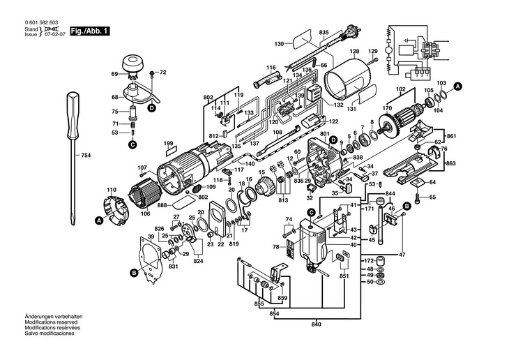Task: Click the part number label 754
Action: pyautogui.click(x=86, y=156)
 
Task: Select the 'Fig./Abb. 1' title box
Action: pyautogui.click(x=90, y=31)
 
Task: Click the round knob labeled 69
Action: pyautogui.click(x=133, y=66)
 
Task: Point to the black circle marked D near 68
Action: pyautogui.click(x=152, y=108)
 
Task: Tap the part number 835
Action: pyautogui.click(x=324, y=33)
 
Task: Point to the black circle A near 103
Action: pyautogui.click(x=457, y=87)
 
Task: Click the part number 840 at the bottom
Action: pyautogui.click(x=316, y=324)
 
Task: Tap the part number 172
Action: pyautogui.click(x=369, y=260)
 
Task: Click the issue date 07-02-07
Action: pyautogui.click(x=56, y=34)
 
